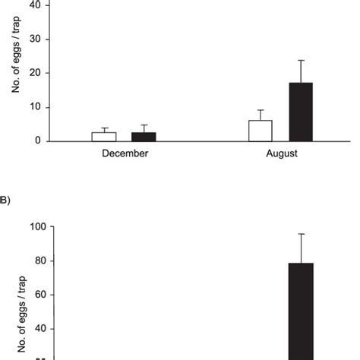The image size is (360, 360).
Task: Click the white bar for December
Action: coord(103,137)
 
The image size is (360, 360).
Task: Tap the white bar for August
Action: coord(260,131)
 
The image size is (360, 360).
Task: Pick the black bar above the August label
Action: coord(301,112)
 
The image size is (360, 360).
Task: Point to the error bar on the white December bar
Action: coord(103,130)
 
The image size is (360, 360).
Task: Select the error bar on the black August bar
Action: coord(301,71)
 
